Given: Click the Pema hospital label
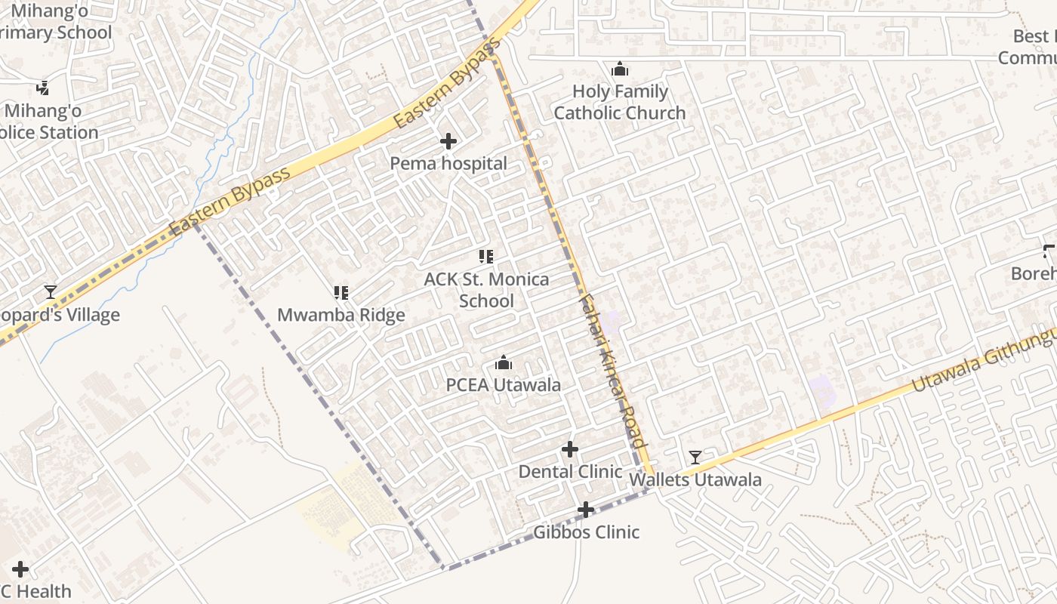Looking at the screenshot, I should click(448, 163).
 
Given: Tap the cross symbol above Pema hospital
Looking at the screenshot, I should click(448, 141).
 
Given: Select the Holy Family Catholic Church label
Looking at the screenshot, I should click(620, 102).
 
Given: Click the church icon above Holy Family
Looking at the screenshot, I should click(620, 69).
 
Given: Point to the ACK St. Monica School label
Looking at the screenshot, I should click(486, 290).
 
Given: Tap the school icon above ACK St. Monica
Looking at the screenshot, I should click(486, 257).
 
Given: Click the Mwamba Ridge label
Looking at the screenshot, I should click(341, 315).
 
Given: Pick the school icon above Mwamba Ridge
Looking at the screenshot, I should click(341, 292).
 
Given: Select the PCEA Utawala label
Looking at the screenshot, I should click(504, 385).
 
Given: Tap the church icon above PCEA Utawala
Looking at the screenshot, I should click(504, 363).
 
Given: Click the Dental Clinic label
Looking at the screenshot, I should click(570, 472).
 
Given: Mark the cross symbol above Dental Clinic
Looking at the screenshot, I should click(570, 450).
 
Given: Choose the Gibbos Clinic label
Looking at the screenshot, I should click(587, 532).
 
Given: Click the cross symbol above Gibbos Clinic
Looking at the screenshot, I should click(586, 510).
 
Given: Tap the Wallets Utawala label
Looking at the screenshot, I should click(695, 479).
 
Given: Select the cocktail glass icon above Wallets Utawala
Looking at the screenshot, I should click(695, 458).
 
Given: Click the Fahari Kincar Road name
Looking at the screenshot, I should click(612, 370).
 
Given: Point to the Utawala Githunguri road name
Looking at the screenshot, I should click(981, 361).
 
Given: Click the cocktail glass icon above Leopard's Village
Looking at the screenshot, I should click(51, 292).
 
